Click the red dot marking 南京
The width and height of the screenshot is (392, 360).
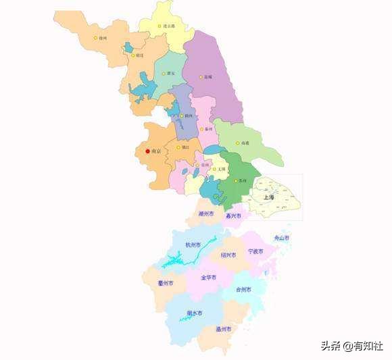(x=147, y=151)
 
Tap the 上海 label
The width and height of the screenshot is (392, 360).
(x=269, y=197)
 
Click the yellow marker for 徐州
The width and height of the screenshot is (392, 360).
(x=96, y=38)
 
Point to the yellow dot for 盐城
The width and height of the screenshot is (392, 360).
(x=201, y=77)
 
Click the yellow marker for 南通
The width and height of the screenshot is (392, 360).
(x=238, y=143)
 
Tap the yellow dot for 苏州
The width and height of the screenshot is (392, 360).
(x=235, y=181)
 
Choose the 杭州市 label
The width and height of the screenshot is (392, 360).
(x=184, y=246)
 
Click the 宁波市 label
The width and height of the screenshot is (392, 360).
(x=256, y=251)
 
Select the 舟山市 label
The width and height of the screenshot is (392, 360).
(x=281, y=238)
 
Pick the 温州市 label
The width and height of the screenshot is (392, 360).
(x=223, y=329)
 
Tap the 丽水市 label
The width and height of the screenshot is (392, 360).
(x=194, y=313)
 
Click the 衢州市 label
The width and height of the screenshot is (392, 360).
(x=166, y=283)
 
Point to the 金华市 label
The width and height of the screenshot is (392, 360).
(x=209, y=277)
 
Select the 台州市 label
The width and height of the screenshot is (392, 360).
(x=243, y=289)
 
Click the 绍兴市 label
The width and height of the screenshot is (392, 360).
(x=228, y=255)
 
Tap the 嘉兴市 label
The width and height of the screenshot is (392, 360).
(x=233, y=216)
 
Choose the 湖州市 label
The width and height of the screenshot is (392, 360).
(x=206, y=213)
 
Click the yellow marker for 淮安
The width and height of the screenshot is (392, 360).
(x=164, y=74)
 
